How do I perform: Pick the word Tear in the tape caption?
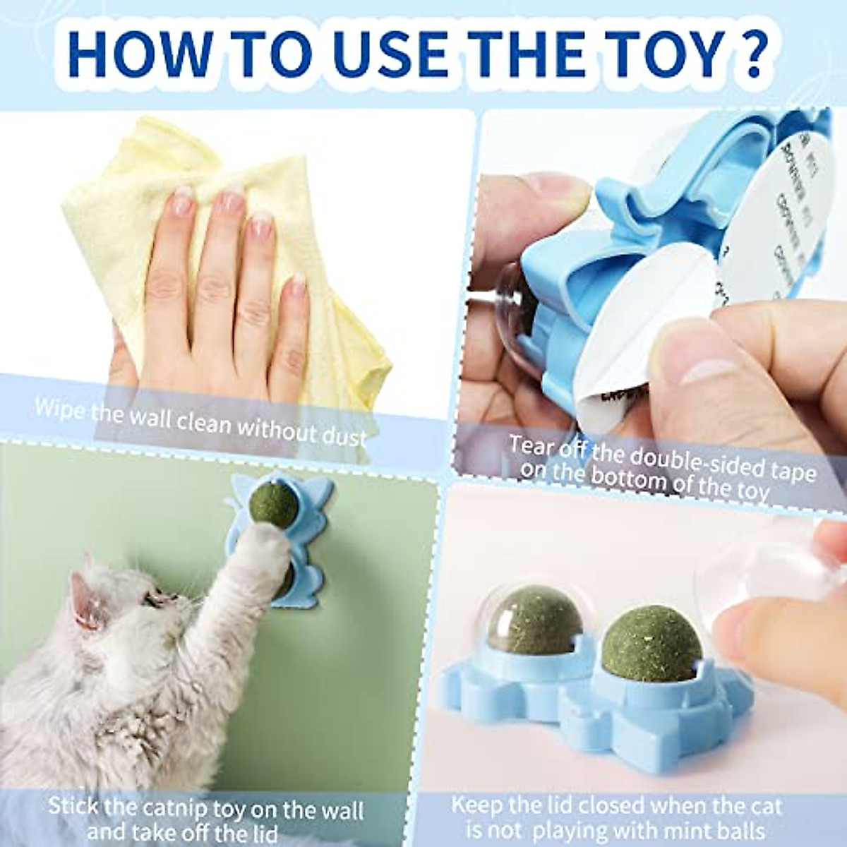(531, 446)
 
